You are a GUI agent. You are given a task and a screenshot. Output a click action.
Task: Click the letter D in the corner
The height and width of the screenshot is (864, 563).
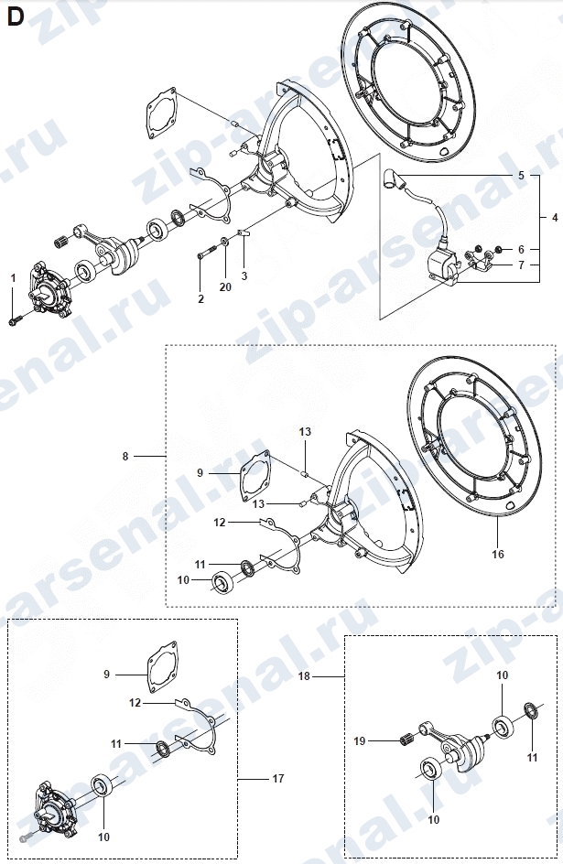(15, 16)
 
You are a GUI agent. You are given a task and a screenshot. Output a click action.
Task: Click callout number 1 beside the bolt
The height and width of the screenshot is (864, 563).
(13, 279)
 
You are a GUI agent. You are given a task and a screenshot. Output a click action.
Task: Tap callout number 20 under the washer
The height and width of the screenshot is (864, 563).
(225, 287)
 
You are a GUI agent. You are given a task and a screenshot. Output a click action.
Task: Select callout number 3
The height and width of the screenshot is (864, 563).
(244, 276)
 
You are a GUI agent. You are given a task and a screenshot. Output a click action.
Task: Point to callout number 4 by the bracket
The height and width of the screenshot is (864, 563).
(555, 218)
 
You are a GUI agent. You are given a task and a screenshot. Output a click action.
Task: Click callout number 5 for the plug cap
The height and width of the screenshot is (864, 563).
(521, 176)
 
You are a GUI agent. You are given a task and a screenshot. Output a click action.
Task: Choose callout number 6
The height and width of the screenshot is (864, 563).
(521, 250)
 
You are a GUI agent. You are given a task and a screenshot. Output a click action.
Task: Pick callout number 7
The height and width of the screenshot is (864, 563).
(521, 265)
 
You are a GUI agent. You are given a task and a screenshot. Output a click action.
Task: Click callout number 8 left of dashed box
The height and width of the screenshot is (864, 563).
(125, 456)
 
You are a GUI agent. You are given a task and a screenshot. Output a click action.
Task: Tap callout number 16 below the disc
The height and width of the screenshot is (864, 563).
(497, 554)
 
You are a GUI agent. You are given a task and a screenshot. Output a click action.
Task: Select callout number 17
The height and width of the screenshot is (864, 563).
(278, 778)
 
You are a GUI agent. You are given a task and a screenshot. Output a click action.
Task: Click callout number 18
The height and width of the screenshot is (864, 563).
(304, 675)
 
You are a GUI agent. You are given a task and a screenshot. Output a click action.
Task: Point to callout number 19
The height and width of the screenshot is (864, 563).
(359, 741)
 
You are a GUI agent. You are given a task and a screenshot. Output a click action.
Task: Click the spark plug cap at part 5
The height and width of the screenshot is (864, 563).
(392, 178)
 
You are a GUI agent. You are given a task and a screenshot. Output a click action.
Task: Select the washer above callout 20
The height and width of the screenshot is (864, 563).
(226, 242)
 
